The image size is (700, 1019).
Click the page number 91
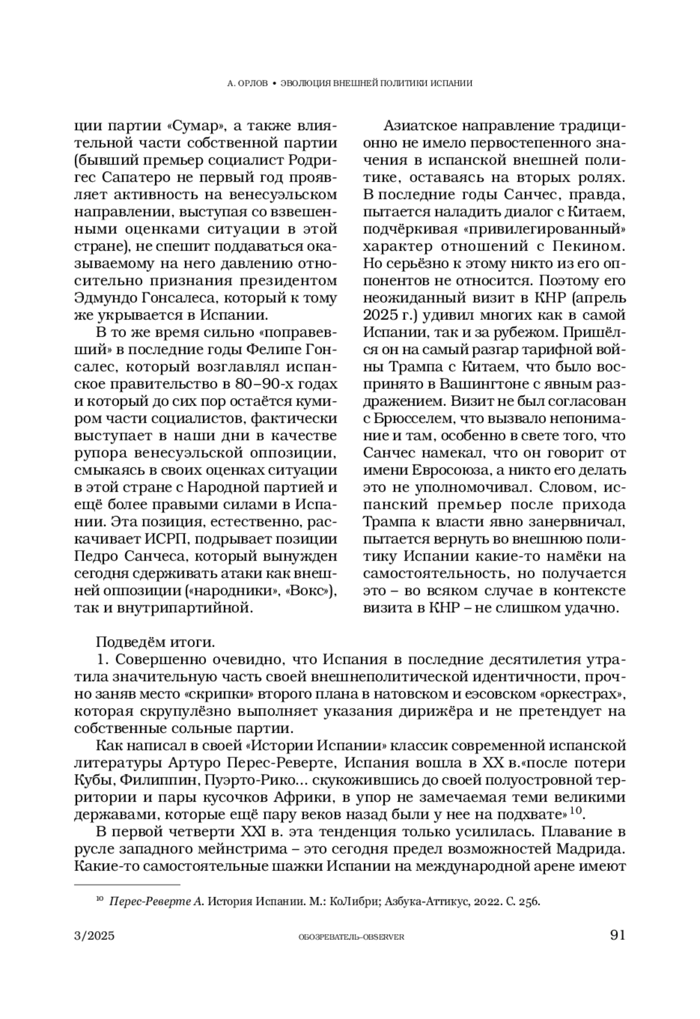[617, 935]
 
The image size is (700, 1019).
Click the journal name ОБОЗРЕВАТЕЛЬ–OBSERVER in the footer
[351, 937]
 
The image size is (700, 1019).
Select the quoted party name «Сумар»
[198, 126]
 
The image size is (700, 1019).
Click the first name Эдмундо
[110, 298]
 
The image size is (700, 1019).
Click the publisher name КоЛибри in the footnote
[348, 902]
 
